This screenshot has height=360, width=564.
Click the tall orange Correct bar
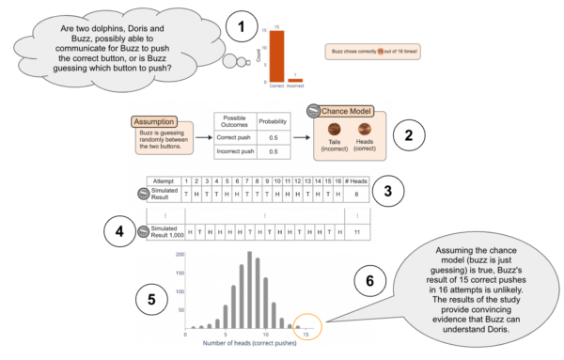pos(277,55)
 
